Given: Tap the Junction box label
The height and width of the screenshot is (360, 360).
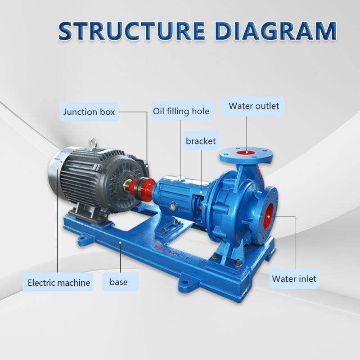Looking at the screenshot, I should point(89,112).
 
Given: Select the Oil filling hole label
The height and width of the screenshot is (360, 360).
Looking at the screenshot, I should point(181,111).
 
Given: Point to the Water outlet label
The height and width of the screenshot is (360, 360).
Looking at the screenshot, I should point(254,106).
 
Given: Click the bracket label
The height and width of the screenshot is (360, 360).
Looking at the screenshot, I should point(201,141).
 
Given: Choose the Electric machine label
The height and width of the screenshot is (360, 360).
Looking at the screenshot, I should point(58,283).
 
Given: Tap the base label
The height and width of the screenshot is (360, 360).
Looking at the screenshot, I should point(119,282).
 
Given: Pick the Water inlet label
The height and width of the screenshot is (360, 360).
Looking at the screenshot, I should point(294,279).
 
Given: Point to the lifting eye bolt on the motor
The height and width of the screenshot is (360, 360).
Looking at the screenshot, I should point(94,142).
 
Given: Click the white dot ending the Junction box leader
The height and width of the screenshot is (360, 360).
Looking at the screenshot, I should point(147,165).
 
